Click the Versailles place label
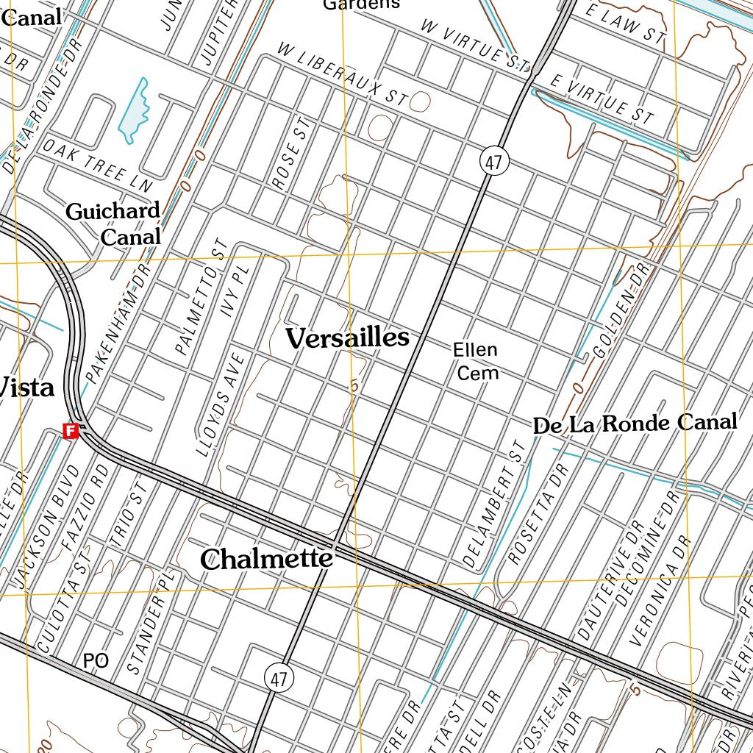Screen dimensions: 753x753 coord(346,338)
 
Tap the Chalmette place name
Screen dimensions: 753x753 coord(266,559)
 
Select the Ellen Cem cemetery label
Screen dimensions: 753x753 coord(475,361)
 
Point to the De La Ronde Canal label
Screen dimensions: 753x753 coord(634,424)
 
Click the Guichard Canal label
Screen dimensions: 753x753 coord(114,224)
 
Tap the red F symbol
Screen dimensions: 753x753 coord(71,431)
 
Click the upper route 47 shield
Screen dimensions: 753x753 coord(493,162)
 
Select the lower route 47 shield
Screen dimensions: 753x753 coord(278,679)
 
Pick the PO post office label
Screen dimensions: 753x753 coord(96,661)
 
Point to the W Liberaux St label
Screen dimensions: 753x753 coord(342,74)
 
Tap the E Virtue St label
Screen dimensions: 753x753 coord(602,99)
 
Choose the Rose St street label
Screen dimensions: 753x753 coord(288,154)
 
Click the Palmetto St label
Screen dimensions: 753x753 coord(199,296)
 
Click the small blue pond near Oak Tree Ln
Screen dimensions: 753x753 coord(133,110)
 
